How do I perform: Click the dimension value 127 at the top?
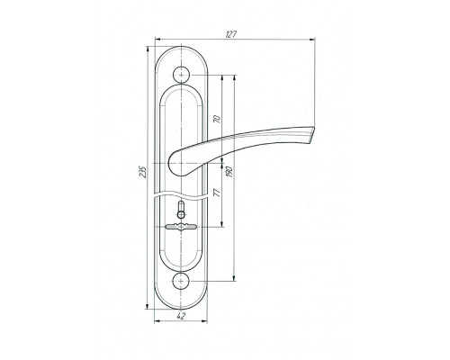pyautogui.click(x=230, y=34)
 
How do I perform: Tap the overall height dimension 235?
pyautogui.click(x=144, y=172)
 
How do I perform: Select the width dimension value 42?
pyautogui.click(x=181, y=316)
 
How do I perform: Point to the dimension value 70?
pyautogui.click(x=217, y=119)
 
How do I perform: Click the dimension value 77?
pyautogui.click(x=217, y=193)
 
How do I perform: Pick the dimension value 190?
pyautogui.click(x=229, y=172)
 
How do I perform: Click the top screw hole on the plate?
pyautogui.click(x=182, y=74)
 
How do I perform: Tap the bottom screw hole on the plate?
pyautogui.click(x=182, y=281)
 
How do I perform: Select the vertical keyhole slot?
pyautogui.click(x=181, y=210)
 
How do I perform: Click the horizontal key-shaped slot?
pyautogui.click(x=181, y=227)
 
